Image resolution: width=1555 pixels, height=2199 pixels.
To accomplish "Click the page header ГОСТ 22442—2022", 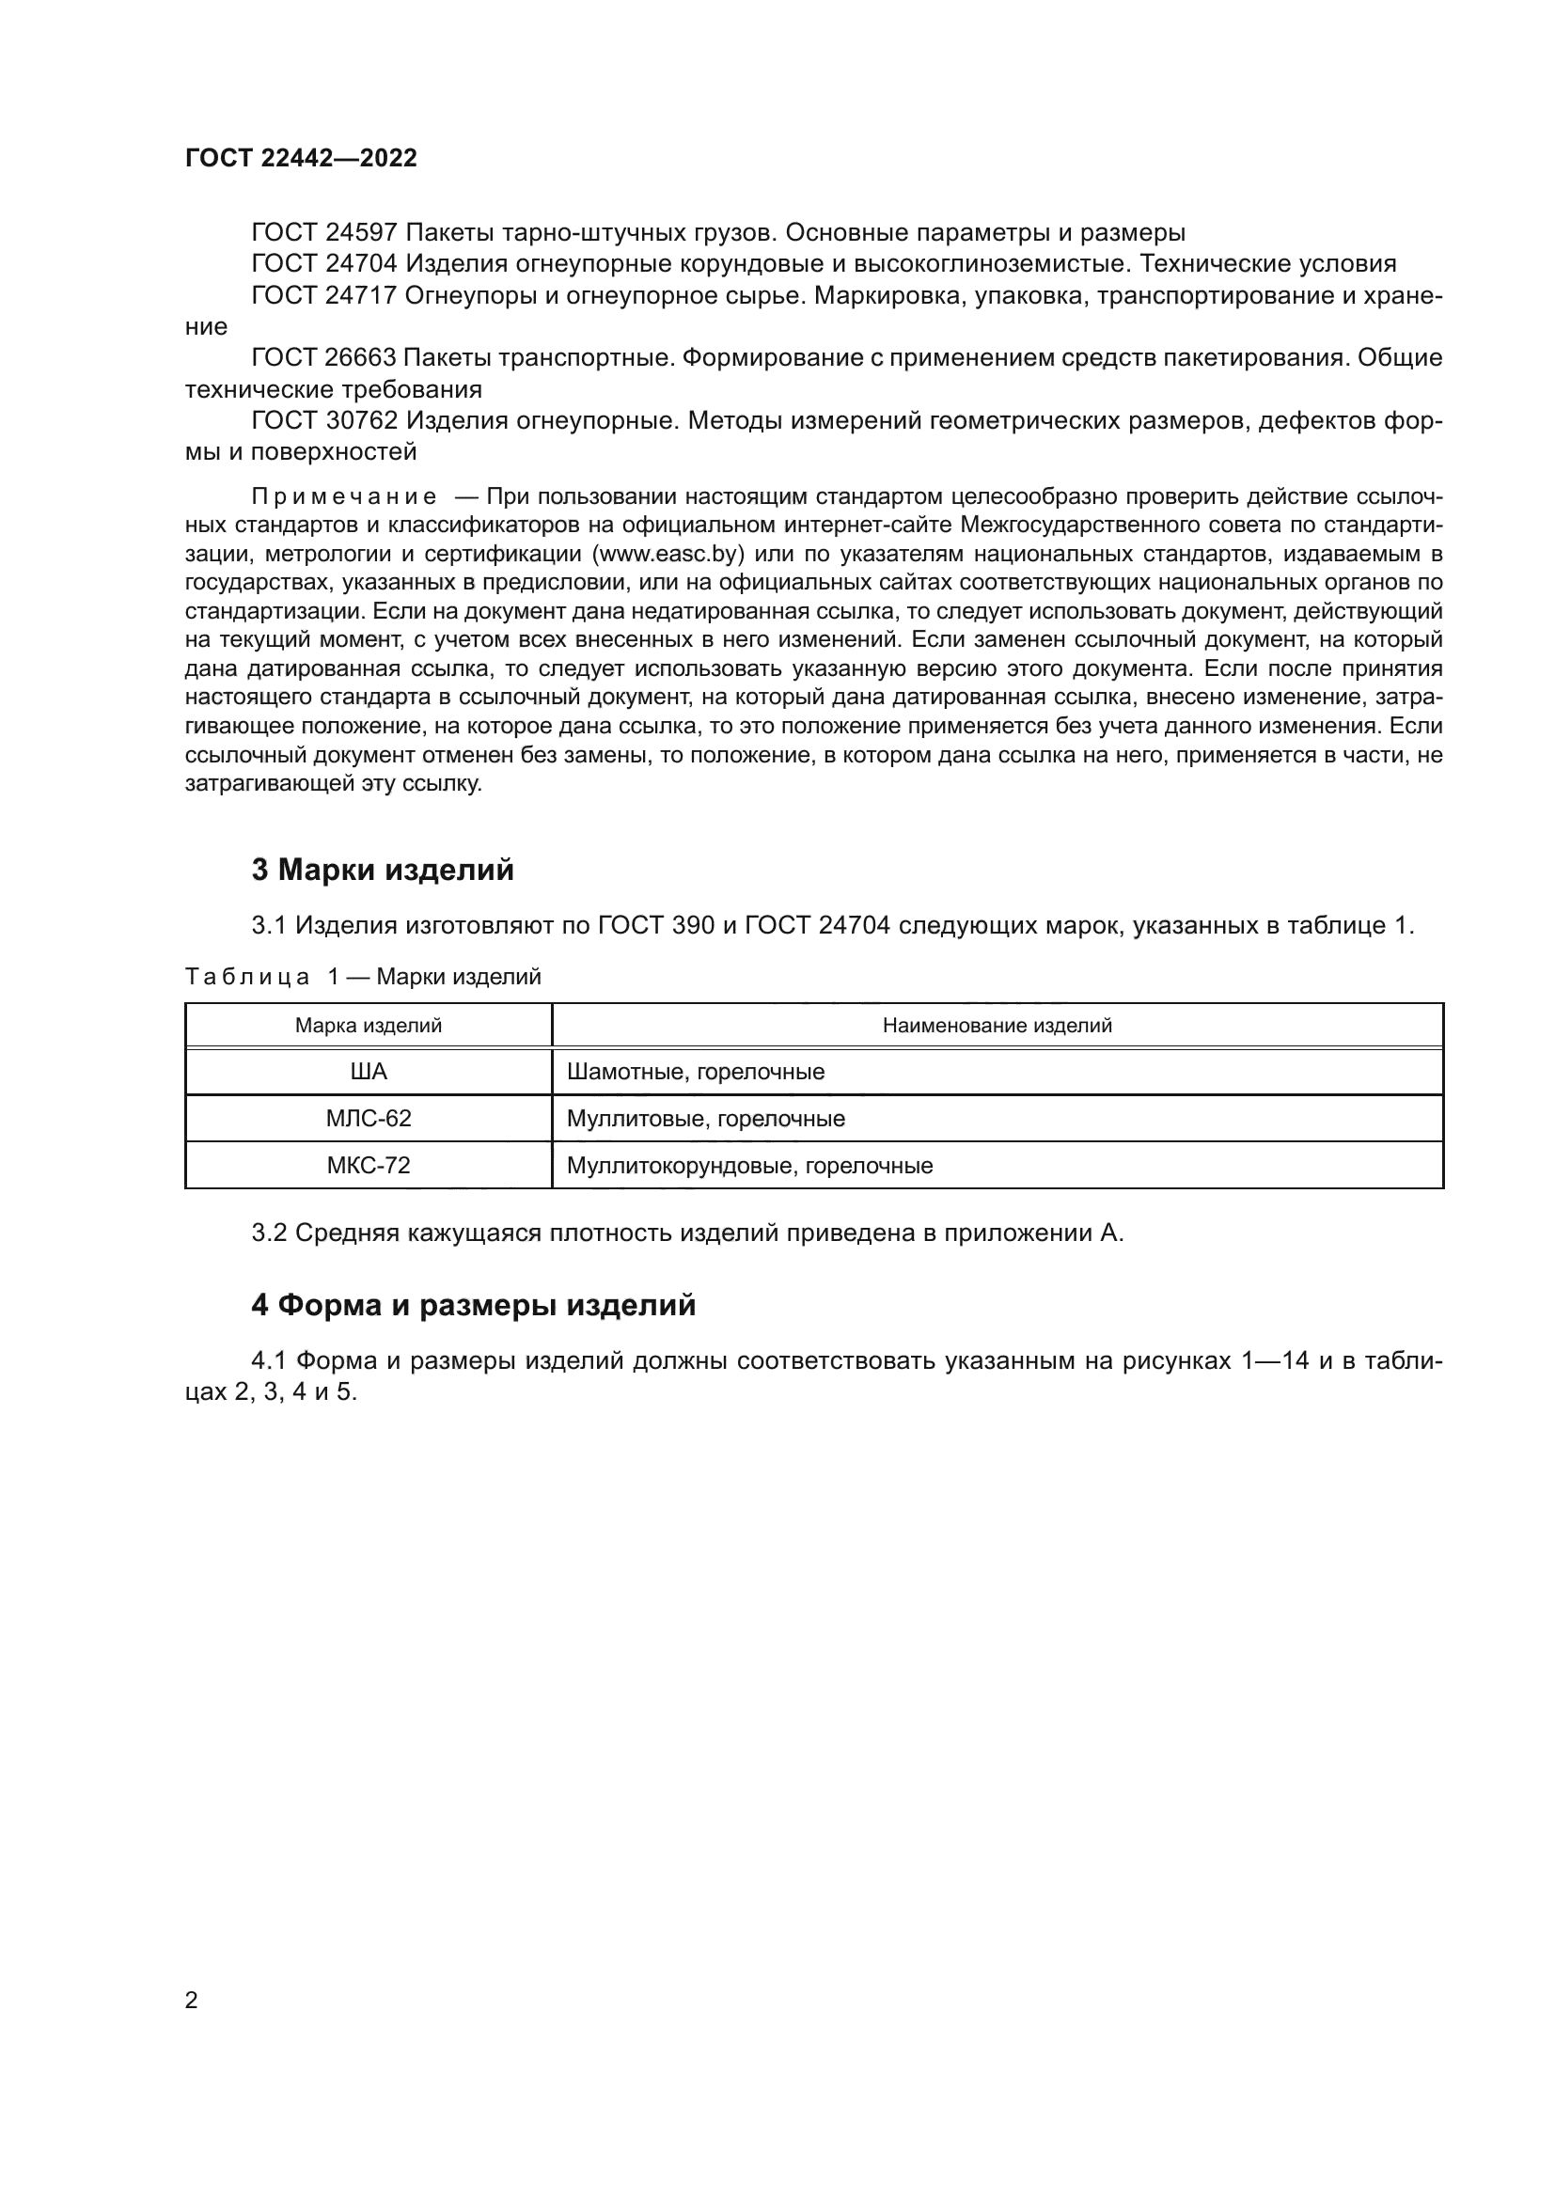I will [x=301, y=159].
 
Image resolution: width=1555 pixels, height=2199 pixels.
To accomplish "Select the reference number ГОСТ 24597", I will [x=323, y=233].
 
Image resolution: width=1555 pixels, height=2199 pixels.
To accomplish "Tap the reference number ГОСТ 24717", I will [x=323, y=296].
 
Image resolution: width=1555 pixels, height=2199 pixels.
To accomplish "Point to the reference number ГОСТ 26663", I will [x=323, y=358].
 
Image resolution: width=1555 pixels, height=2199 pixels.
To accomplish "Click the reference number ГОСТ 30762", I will [x=323, y=421].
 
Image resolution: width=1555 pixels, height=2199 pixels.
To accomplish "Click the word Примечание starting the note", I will [x=344, y=497].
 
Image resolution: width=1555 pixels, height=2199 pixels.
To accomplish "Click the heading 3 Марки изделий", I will [x=382, y=870].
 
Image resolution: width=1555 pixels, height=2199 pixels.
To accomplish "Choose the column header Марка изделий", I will [x=368, y=1026].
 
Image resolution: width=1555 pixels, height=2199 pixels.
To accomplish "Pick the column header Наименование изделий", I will [x=997, y=1026].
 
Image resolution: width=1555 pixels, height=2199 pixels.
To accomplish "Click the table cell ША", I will [x=369, y=1072].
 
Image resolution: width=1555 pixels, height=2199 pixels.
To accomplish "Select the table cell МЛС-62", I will [x=369, y=1119].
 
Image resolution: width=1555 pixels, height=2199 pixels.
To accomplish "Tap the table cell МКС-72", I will [x=369, y=1166].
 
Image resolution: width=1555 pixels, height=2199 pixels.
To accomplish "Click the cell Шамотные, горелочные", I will [x=695, y=1072].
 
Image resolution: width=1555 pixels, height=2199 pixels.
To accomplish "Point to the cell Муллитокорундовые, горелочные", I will [x=748, y=1166].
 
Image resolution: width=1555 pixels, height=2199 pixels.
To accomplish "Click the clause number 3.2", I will [x=269, y=1233].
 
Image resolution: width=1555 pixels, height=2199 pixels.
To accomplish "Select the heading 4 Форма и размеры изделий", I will [x=473, y=1306].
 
